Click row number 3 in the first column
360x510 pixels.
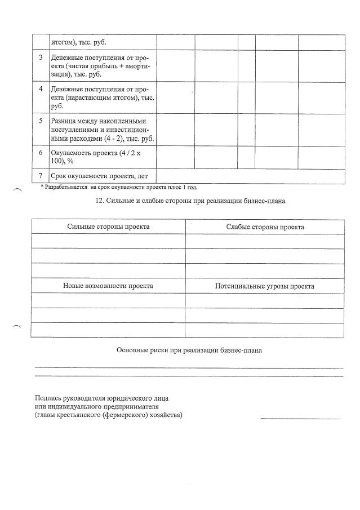[41, 57]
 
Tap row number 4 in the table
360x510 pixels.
[41, 89]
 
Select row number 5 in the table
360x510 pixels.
[41, 121]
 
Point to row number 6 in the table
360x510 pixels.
[41, 152]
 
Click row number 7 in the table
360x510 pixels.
[41, 176]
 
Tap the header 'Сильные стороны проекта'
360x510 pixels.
[108, 227]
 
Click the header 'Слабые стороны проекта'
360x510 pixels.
[265, 227]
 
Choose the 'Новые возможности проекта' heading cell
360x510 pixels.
[108, 286]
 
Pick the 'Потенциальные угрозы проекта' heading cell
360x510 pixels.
[265, 286]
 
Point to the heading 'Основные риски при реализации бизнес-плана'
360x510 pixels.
[189, 350]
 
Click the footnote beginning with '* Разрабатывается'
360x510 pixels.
[118, 187]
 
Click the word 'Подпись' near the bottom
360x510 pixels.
[48, 398]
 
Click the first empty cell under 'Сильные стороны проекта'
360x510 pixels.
[108, 241]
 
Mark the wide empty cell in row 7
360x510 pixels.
[250, 176]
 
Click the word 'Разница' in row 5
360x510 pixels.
[64, 121]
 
